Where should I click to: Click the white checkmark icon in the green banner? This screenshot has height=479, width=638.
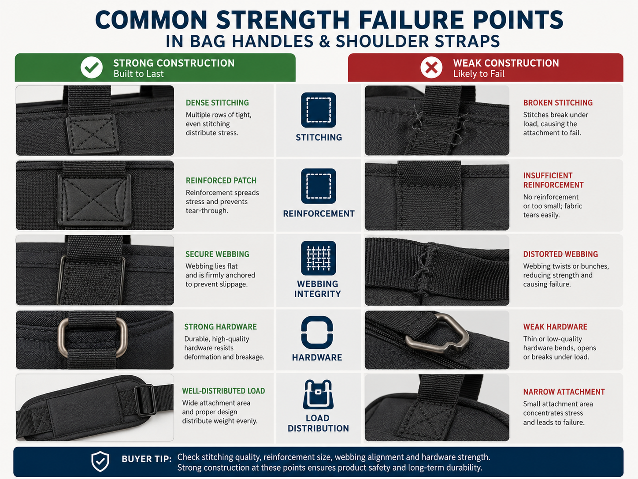92,67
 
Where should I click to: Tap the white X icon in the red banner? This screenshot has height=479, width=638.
431,67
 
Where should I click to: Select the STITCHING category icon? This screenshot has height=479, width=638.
319,110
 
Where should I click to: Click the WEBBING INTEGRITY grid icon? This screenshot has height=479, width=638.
319,258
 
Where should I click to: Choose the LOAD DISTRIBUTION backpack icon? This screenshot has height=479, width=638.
318,394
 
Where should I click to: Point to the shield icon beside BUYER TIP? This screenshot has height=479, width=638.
100,461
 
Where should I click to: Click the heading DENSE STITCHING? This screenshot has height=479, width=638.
217,103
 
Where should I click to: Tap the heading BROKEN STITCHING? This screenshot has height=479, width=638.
558,103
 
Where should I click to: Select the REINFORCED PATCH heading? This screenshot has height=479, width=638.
221,180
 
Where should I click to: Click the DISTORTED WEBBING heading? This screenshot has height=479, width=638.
560,254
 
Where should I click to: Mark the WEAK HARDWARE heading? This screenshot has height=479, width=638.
555,327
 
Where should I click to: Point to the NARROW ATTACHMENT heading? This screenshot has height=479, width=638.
564,392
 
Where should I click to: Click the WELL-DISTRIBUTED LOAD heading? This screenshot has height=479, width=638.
223,391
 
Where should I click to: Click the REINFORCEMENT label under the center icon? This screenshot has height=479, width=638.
319,214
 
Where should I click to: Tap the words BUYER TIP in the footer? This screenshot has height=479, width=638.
146,459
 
